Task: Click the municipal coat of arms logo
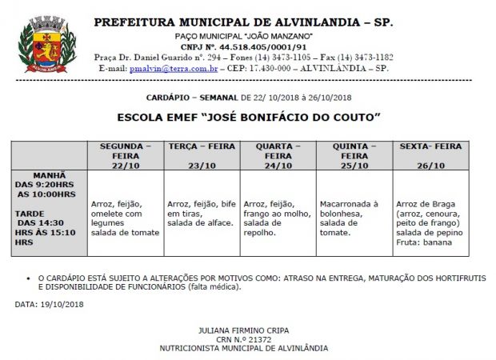pyautogui.click(x=39, y=45)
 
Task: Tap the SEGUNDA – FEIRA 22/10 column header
pyautogui.click(x=124, y=155)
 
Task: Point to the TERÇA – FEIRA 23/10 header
pyautogui.click(x=202, y=155)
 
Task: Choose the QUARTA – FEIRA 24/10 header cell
pyautogui.click(x=278, y=155)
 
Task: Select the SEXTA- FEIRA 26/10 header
pyautogui.click(x=430, y=155)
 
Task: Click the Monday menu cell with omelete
pyautogui.click(x=124, y=218)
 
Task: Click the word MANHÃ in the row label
pyautogui.click(x=50, y=174)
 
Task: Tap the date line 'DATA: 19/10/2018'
pyautogui.click(x=49, y=304)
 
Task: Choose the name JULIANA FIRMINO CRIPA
pyautogui.click(x=243, y=330)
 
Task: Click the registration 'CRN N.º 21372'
pyautogui.click(x=243, y=339)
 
